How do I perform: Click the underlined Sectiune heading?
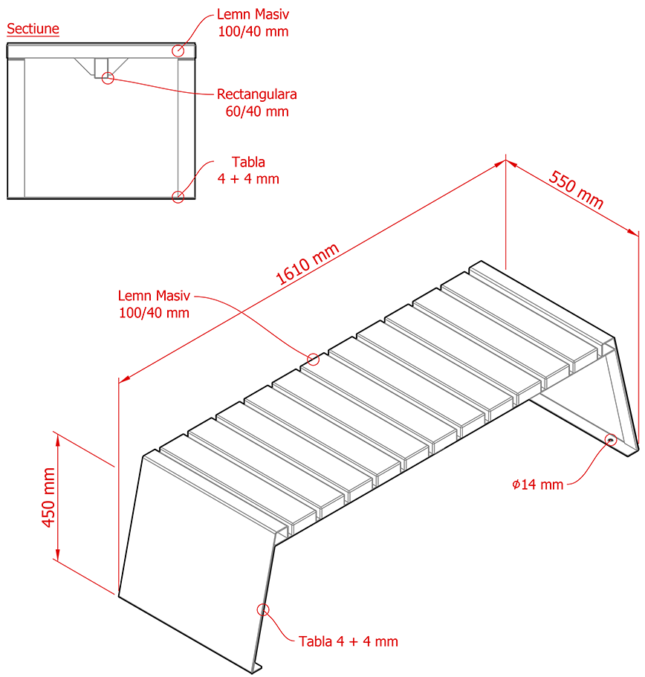pyautogui.click(x=33, y=29)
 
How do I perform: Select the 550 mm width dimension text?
pyautogui.click(x=576, y=190)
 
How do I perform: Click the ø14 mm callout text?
pyautogui.click(x=538, y=485)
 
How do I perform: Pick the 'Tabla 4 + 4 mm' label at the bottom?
pyautogui.click(x=349, y=641)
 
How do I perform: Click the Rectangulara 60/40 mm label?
pyautogui.click(x=257, y=95)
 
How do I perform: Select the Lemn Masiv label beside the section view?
pyautogui.click(x=253, y=14)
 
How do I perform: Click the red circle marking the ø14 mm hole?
pyautogui.click(x=611, y=439)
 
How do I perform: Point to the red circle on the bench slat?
pyautogui.click(x=313, y=360)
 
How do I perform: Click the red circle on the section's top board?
pyautogui.click(x=178, y=51)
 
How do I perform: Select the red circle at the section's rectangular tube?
pyautogui.click(x=108, y=77)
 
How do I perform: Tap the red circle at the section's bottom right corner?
pyautogui.click(x=178, y=196)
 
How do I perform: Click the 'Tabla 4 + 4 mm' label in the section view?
pyautogui.click(x=249, y=170)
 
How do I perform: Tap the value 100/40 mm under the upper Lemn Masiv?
pyautogui.click(x=253, y=31)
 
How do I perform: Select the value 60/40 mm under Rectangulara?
pyautogui.click(x=257, y=111)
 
